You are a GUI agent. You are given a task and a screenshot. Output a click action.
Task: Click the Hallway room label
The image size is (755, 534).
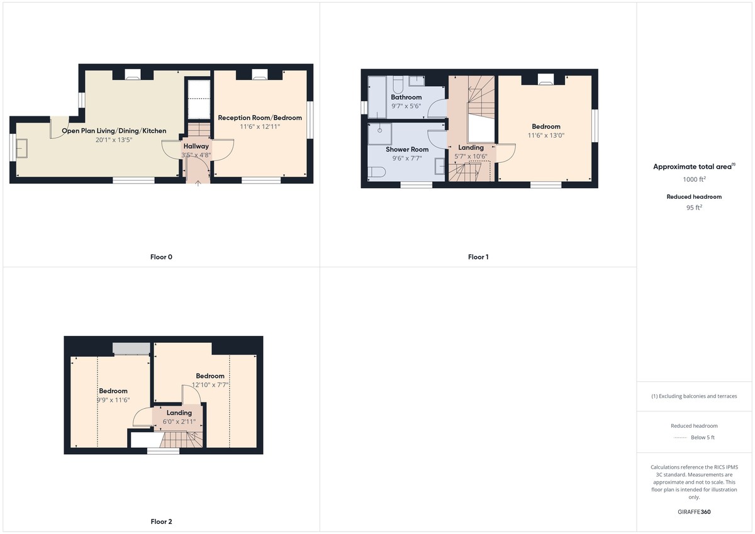(196, 146)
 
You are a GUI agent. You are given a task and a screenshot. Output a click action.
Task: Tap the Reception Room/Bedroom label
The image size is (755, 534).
(260, 118)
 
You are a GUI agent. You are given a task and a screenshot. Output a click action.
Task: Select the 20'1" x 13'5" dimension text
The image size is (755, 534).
(114, 140)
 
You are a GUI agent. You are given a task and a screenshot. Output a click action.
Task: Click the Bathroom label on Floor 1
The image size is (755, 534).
(406, 97)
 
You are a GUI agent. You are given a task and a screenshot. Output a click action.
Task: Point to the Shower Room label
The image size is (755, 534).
(407, 149)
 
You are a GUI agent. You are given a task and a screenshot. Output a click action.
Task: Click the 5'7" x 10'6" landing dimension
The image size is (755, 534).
(471, 157)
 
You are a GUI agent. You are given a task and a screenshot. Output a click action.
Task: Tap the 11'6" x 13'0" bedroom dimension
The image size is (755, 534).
(546, 135)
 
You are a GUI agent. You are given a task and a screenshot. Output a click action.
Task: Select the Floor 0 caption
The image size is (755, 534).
(161, 257)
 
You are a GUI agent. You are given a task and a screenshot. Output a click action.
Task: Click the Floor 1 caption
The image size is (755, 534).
(478, 257)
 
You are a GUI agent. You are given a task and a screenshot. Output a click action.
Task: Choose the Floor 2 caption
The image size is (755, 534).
(161, 521)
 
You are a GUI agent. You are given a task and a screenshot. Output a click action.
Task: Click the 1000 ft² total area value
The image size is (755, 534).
(695, 179)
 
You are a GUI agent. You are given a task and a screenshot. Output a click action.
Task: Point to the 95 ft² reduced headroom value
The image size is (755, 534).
(695, 208)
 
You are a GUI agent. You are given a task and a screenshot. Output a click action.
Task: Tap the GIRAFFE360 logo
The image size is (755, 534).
(694, 512)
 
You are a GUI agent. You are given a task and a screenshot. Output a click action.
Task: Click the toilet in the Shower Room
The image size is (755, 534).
(376, 172)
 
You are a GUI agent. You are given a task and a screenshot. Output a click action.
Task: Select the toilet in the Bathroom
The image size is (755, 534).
(398, 84)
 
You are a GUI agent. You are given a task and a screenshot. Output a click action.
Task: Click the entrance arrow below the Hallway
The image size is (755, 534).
(198, 183)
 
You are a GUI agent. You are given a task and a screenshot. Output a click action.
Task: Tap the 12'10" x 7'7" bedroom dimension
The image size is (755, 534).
(210, 385)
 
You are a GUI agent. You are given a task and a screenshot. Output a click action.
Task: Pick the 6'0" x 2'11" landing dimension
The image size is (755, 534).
(179, 422)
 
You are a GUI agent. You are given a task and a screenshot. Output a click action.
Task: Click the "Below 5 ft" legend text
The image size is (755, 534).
(703, 437)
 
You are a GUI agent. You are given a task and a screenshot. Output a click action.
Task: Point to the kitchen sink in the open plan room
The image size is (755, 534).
(22, 148)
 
